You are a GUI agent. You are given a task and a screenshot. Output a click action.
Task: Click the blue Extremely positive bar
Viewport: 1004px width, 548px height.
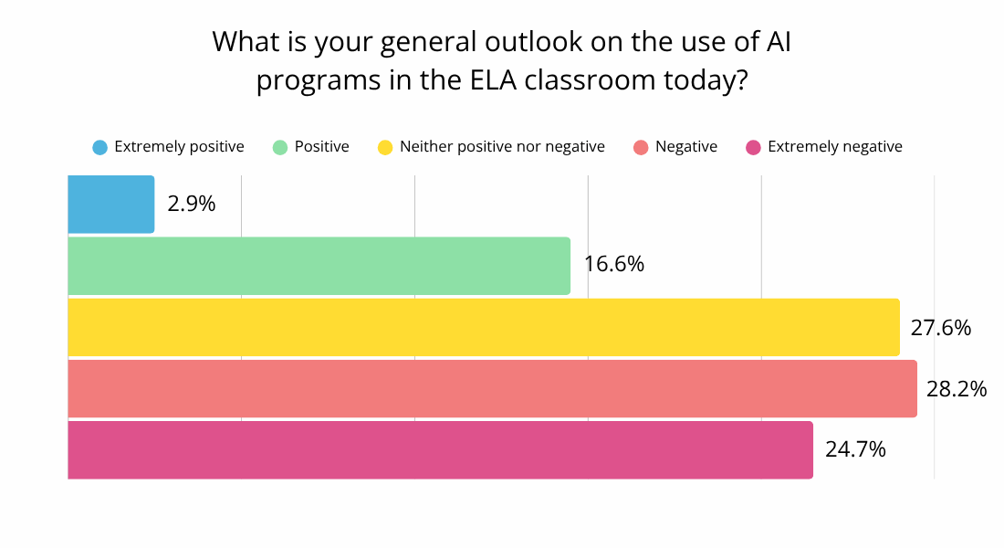(x=111, y=205)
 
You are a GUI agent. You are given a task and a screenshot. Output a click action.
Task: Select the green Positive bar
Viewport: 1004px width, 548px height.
(x=319, y=266)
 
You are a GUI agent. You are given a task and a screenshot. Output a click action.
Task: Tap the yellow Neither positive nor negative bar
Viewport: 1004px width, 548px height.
(x=484, y=327)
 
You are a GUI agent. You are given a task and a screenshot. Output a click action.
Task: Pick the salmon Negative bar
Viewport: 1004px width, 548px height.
(x=493, y=388)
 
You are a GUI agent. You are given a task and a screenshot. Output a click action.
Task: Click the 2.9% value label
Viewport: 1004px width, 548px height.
(x=192, y=204)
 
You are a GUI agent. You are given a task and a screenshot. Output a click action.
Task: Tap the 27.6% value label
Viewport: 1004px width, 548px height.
(x=940, y=327)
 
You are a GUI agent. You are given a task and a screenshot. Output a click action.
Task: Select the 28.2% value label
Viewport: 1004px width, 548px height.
(x=957, y=389)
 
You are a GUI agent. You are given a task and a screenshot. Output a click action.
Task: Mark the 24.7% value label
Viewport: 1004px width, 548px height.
(x=855, y=449)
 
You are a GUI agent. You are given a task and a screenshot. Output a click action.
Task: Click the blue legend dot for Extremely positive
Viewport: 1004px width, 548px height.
(x=100, y=147)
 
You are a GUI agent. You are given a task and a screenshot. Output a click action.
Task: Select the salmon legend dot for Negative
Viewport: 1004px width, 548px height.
(x=642, y=147)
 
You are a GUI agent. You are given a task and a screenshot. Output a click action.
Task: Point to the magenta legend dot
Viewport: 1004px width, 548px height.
(x=754, y=147)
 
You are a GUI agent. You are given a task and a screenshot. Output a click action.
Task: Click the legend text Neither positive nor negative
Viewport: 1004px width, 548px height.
(x=502, y=147)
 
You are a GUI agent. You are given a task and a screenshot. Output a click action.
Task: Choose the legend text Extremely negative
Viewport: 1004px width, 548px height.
(x=835, y=147)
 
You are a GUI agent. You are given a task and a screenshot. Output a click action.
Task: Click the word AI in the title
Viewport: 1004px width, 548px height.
(x=777, y=42)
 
